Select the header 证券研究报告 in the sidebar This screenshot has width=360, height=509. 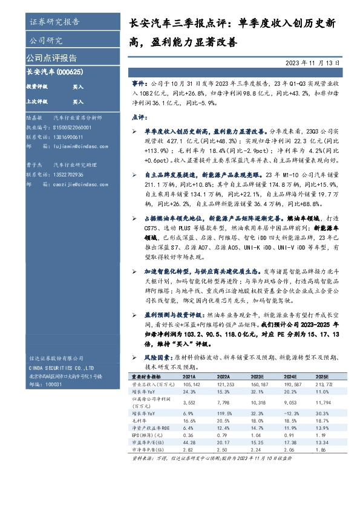pyautogui.click(x=54, y=22)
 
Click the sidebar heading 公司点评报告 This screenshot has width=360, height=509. pyautogui.click(x=51, y=58)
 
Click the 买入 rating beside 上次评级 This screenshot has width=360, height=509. pyautogui.click(x=78, y=102)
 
